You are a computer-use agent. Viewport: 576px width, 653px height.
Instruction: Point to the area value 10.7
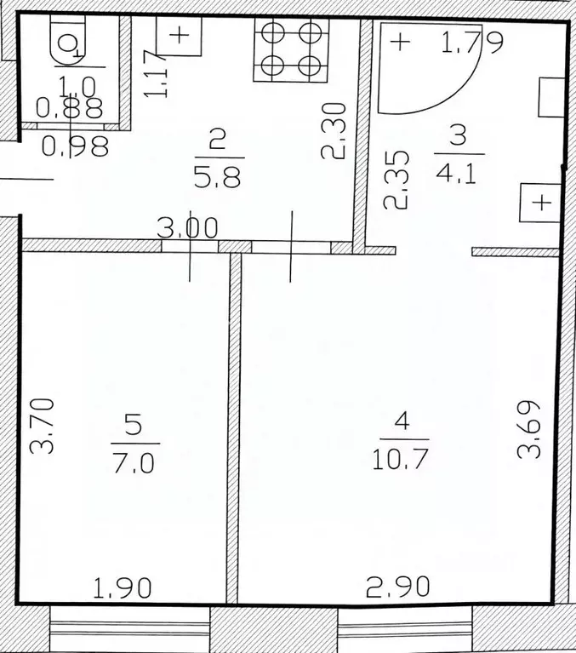coord(401,460)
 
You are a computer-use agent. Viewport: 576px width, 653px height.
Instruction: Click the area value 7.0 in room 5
coord(134,463)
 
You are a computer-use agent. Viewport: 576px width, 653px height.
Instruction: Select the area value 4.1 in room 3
coord(456,175)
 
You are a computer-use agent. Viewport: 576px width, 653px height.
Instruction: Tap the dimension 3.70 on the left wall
coord(42,426)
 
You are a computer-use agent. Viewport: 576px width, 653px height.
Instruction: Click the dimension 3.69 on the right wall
coord(528,429)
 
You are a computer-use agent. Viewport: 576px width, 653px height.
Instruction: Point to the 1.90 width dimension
coord(122,588)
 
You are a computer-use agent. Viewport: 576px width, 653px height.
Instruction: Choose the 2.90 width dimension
coord(398,586)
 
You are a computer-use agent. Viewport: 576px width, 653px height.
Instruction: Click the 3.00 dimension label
coord(188,228)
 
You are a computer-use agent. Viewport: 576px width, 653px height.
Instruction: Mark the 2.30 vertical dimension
coord(334,131)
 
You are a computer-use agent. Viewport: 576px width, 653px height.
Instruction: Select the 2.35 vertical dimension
coord(396,180)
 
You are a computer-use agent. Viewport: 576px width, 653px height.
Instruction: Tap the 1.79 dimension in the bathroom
coord(472,42)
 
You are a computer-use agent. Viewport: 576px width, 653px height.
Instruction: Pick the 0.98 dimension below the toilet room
coord(76,146)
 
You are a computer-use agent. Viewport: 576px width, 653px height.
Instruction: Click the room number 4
coord(402,422)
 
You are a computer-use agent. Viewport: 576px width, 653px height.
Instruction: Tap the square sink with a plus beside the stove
coord(179,36)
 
